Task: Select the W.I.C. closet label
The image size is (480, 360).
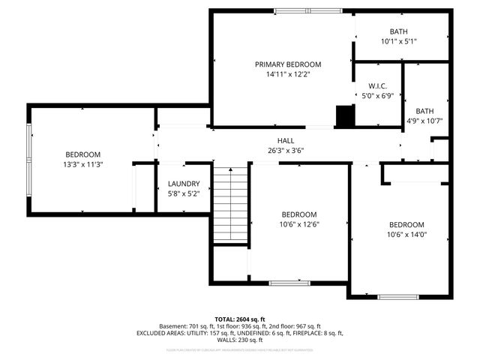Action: coord(377,85)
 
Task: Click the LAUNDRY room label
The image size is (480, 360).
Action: coord(184,184)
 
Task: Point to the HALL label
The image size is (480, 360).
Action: coord(286,140)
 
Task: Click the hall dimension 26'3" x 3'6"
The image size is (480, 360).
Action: coord(286,150)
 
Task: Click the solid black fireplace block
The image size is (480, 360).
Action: coord(344,116)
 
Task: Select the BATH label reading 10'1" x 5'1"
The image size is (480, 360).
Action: coord(398,31)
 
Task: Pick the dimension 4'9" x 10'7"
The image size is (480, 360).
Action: coord(425,121)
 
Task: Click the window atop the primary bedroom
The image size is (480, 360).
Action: coord(308,10)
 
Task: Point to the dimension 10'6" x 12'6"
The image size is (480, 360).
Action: coord(299,223)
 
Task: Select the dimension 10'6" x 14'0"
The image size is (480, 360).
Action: coord(406,235)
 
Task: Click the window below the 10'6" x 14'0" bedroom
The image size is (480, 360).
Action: coord(397,297)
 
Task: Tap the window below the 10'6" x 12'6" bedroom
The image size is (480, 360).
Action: coord(288,283)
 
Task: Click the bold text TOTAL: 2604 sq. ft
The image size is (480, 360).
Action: coord(240,319)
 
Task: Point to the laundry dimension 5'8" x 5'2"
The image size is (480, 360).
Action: coord(184,193)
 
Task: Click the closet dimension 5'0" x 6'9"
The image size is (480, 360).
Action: coord(377,95)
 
